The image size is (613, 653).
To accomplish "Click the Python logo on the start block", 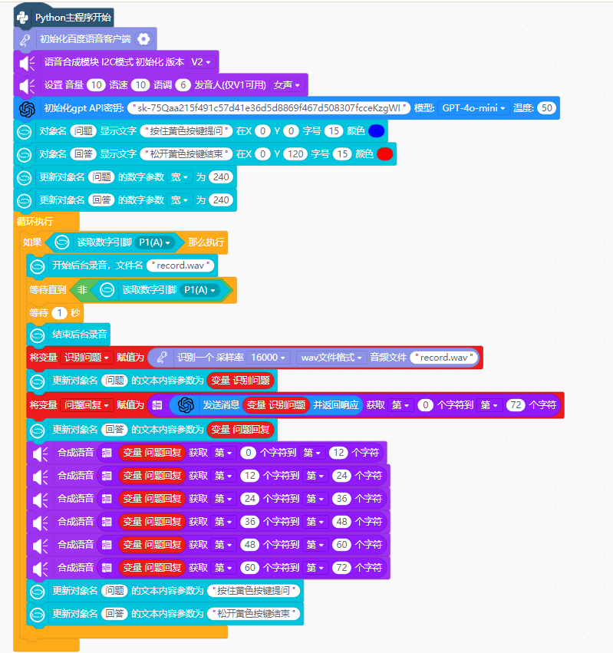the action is pos(22,18).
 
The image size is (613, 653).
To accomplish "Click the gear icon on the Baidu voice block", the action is pos(143,39).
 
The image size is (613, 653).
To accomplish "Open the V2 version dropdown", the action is pos(201,62).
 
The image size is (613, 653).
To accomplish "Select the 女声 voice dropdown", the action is pos(286,85).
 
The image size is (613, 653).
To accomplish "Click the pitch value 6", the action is pos(183,85).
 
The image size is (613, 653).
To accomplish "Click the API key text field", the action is pos(269,108).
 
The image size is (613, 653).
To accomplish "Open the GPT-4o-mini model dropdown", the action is pos(473,108).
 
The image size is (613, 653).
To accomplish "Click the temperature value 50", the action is pos(547,108).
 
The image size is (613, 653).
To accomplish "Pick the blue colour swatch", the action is pos(377,130).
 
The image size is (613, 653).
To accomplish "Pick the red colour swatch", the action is pos(385,153).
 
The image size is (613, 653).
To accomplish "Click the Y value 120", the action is pos(295,153).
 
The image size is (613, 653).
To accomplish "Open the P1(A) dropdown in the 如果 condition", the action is pos(154,242).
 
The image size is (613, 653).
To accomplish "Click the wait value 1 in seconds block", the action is pos(60,313).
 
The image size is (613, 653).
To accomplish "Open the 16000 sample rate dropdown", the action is pos(269,358).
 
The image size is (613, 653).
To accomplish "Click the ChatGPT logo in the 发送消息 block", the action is pos(186,405).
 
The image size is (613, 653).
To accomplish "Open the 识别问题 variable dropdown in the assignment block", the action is pos(87,358).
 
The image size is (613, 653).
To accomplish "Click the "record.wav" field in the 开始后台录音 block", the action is pos(180,265).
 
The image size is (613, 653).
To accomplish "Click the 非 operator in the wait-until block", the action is pos(82,290).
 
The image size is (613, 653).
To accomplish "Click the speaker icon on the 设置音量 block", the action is pos(28,85).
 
